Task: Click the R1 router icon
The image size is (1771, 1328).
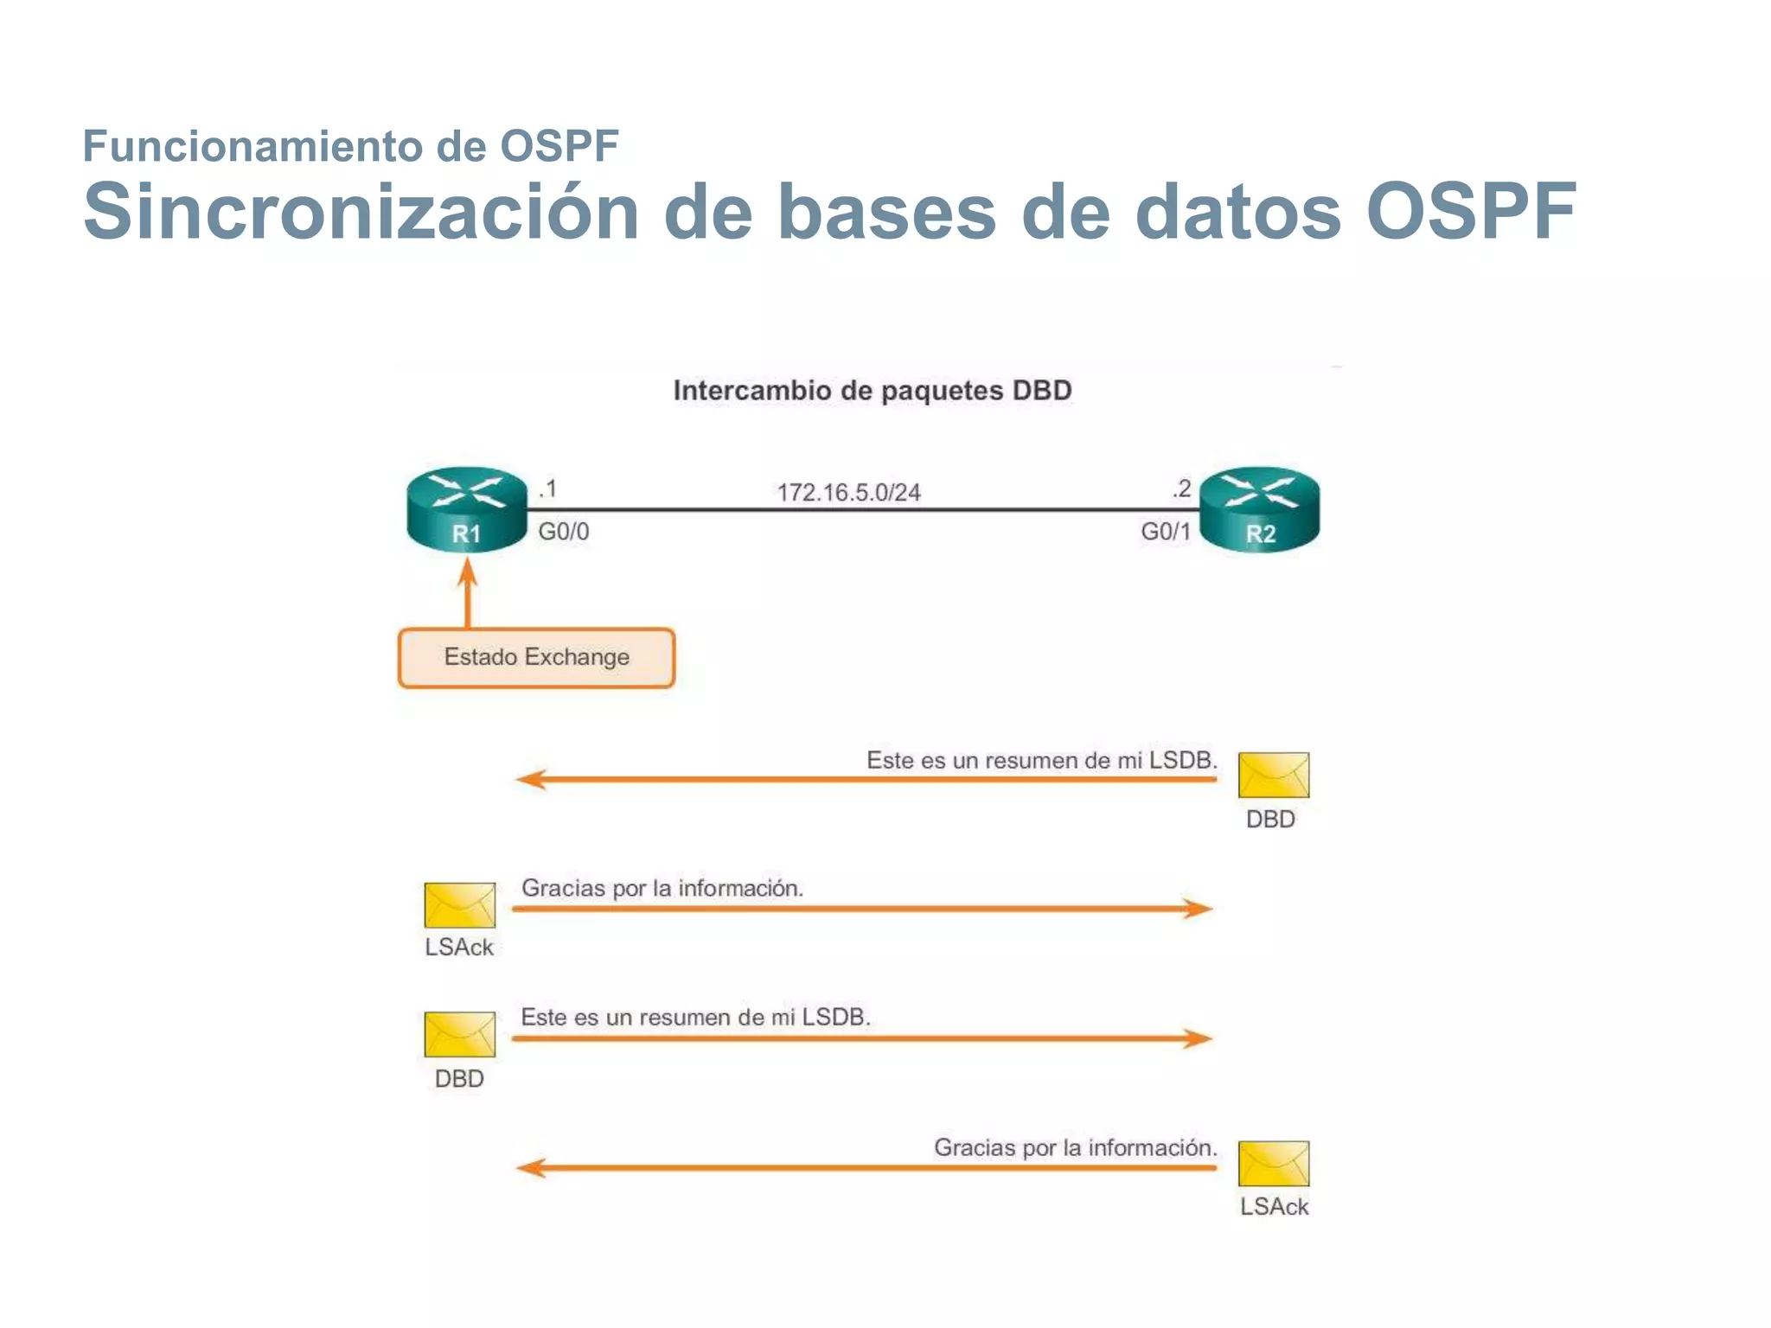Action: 467,508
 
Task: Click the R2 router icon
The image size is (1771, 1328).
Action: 1260,508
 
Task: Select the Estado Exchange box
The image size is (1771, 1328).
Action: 536,658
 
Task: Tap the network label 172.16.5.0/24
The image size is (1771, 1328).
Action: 848,492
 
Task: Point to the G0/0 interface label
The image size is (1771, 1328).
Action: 564,531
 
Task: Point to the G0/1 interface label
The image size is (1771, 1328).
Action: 1165,531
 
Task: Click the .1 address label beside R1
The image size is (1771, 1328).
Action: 548,489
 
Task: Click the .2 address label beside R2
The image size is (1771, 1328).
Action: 1181,489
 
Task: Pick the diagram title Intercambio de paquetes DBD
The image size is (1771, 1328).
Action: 873,391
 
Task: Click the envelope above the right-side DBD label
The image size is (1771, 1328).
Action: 1273,775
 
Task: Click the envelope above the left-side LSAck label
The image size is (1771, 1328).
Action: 459,904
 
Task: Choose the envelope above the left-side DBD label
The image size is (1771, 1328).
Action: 459,1034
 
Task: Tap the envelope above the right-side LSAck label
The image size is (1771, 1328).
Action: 1273,1163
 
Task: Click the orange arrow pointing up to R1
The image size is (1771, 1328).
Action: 468,592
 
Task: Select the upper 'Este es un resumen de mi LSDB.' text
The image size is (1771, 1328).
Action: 1041,760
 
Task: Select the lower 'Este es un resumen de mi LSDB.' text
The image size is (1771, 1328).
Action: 695,1017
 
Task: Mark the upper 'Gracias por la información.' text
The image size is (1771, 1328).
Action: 662,888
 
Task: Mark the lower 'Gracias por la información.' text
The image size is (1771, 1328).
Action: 1075,1147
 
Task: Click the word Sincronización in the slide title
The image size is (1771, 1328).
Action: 361,212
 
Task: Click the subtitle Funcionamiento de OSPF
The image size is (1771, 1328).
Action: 350,145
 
